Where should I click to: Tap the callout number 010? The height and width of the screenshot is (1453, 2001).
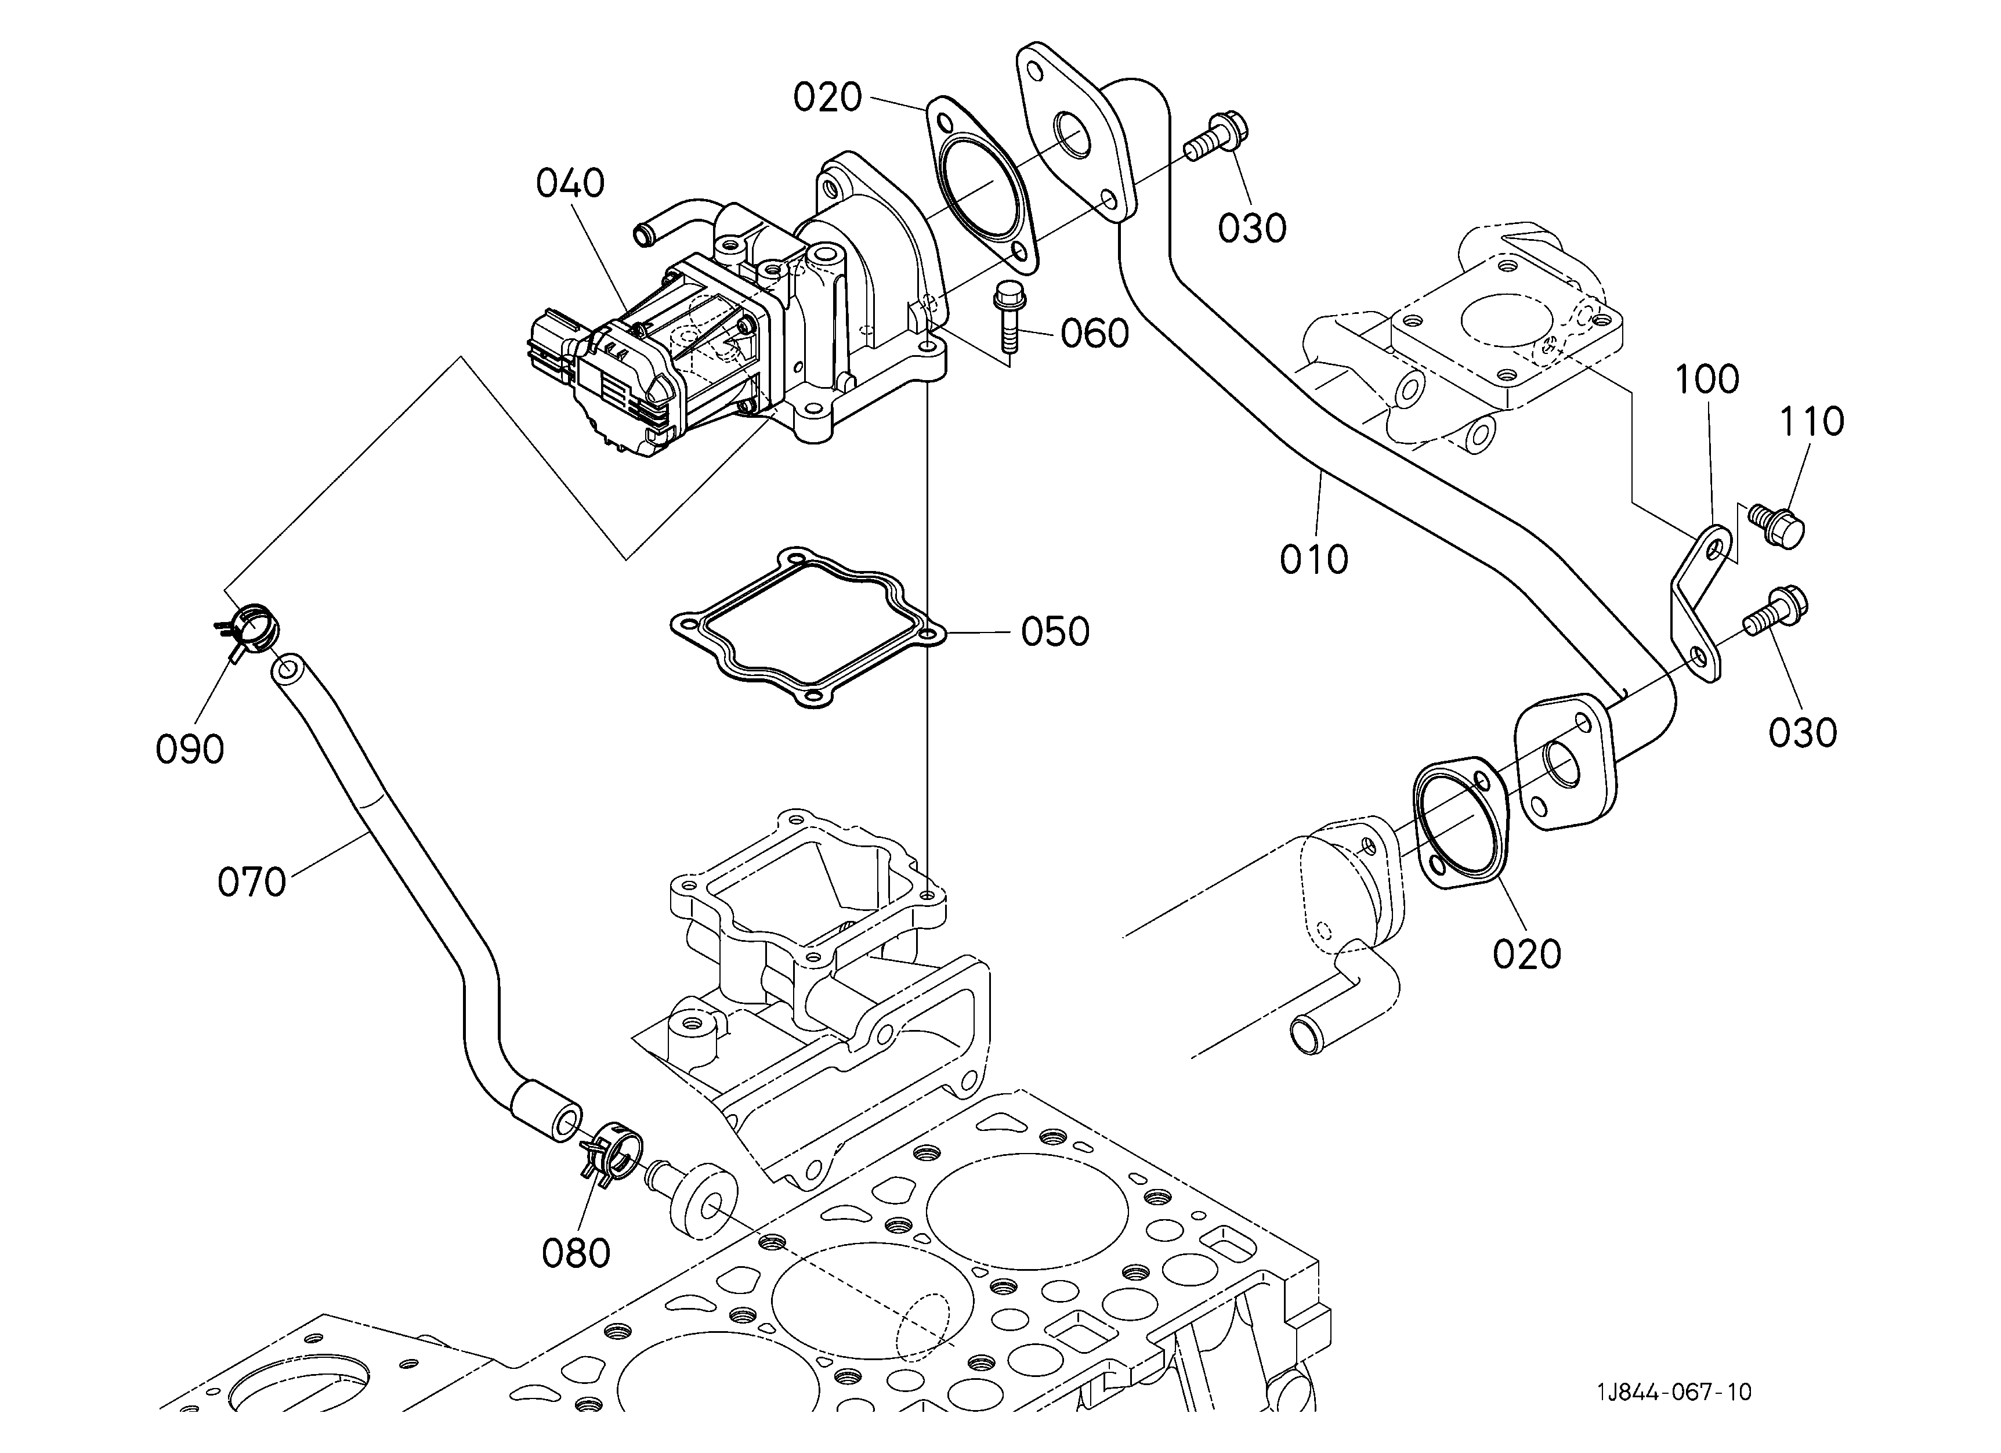point(1315,559)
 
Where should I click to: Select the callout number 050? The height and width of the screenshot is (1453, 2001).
point(1055,632)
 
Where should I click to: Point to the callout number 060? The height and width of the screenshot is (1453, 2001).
point(1095,334)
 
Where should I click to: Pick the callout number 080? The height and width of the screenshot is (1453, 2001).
point(576,1253)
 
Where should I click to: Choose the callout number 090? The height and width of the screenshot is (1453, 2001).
point(190,749)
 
